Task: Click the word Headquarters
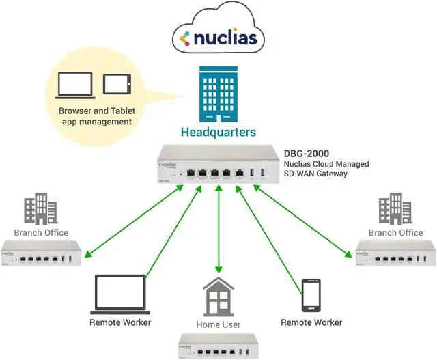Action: pos(218,132)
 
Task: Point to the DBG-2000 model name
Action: pos(303,153)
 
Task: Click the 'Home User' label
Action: pos(218,324)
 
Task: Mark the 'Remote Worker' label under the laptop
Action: pos(120,322)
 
